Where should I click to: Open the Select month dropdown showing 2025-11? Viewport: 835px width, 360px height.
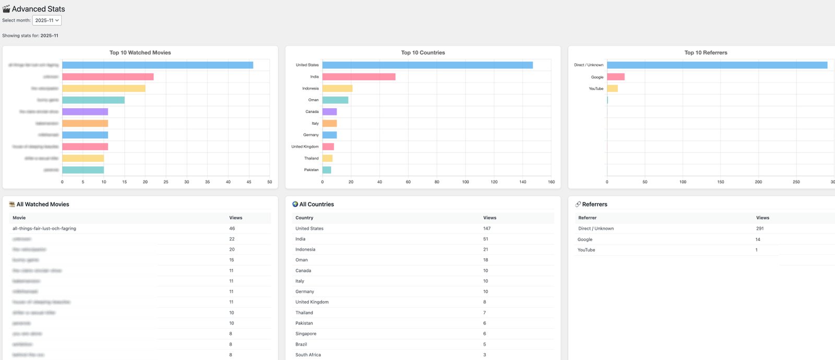[47, 20]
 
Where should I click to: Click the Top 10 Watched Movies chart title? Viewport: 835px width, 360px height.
[140, 53]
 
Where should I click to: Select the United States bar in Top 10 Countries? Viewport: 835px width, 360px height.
[427, 65]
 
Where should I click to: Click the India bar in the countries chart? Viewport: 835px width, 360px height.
[359, 77]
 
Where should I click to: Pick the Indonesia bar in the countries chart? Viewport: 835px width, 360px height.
[337, 89]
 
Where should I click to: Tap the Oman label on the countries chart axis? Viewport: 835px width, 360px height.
[313, 100]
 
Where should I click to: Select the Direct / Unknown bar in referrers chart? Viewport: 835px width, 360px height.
[717, 65]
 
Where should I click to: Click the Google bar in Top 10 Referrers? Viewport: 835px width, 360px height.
[616, 77]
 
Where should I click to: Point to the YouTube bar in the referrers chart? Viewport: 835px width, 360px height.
[612, 89]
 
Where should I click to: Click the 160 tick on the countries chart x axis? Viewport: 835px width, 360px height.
[551, 182]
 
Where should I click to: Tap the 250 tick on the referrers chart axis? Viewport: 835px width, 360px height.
[796, 182]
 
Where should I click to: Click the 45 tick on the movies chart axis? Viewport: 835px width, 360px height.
[249, 182]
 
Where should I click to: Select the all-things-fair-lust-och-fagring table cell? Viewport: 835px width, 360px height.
[44, 229]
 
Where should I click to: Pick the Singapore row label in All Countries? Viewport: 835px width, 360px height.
[306, 334]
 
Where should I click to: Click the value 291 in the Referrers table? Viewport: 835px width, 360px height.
[760, 229]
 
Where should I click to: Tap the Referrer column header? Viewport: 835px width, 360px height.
[587, 218]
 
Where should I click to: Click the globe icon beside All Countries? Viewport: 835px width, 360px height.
[295, 205]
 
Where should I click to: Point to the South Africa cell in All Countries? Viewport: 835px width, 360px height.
[308, 355]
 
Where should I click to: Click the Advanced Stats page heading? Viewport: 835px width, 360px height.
[38, 9]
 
